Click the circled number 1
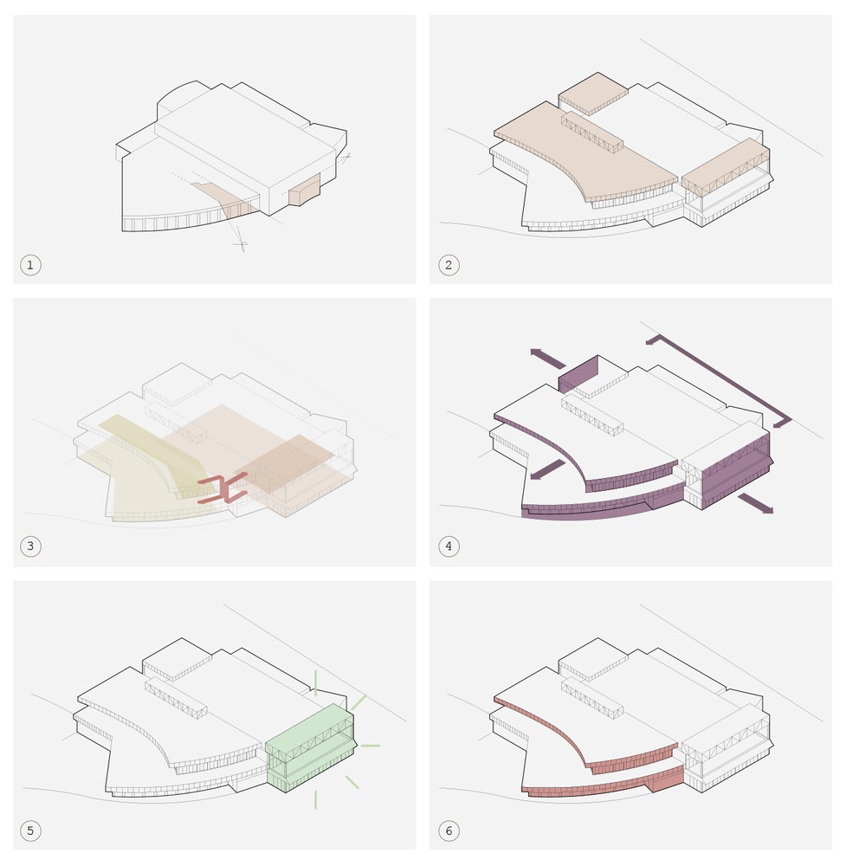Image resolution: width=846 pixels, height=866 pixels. (x=30, y=265)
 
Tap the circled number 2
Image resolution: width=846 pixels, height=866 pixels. (x=448, y=265)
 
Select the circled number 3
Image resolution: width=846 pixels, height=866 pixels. (x=30, y=546)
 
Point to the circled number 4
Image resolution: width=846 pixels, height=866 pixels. (x=448, y=546)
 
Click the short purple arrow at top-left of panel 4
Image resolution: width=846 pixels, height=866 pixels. (x=546, y=356)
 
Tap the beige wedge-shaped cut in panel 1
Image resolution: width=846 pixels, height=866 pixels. (x=226, y=198)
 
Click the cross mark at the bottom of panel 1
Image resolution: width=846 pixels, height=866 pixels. (x=240, y=245)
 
